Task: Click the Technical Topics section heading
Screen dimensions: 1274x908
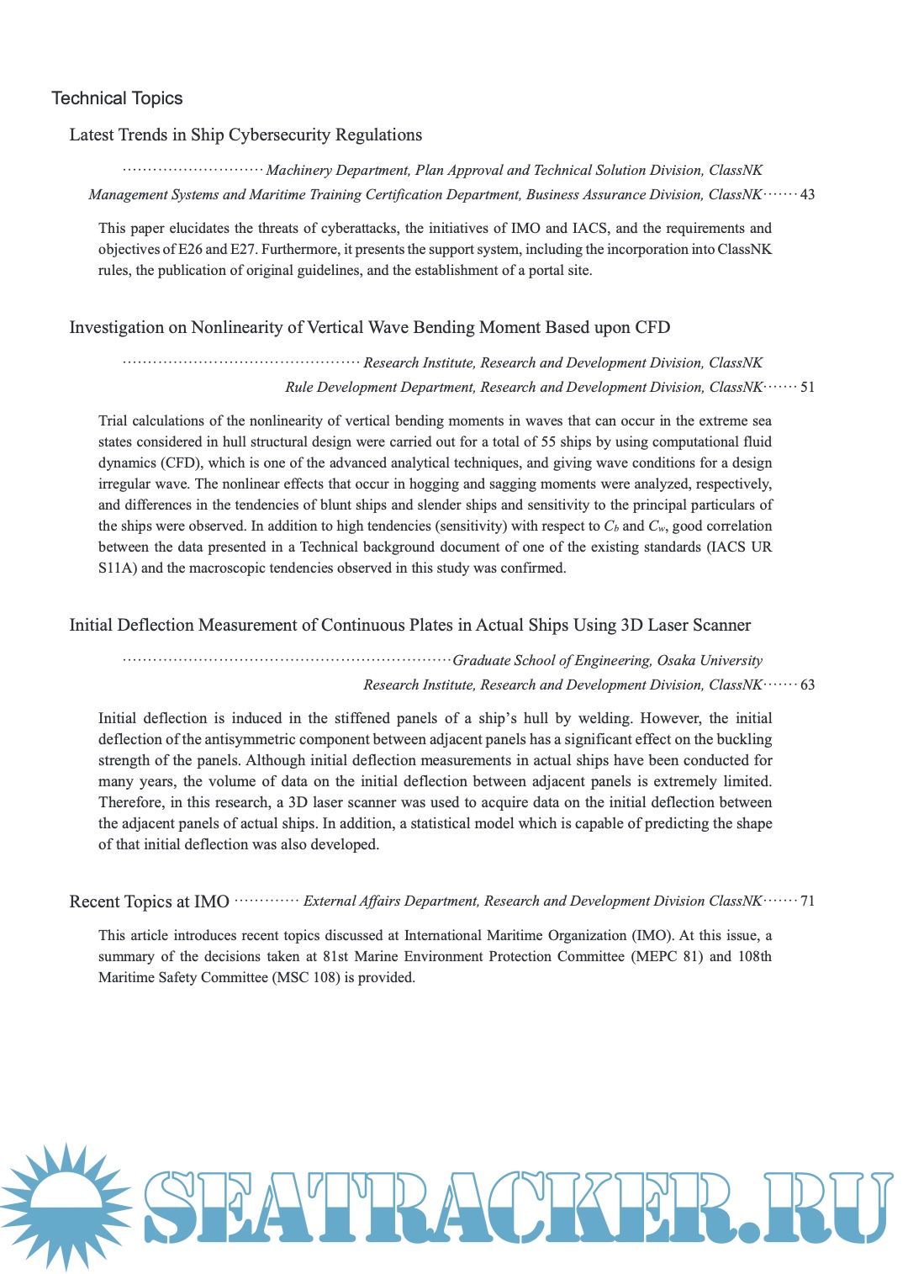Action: [117, 98]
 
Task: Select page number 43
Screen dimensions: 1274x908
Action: [807, 194]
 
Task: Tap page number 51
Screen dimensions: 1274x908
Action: [807, 387]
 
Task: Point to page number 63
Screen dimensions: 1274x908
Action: [807, 685]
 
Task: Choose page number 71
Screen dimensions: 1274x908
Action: [807, 901]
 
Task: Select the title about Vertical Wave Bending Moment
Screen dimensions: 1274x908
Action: [369, 327]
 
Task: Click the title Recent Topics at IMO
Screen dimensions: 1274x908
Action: [149, 901]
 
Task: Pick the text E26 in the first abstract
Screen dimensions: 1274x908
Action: [191, 249]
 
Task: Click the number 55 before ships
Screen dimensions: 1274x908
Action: [549, 441]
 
